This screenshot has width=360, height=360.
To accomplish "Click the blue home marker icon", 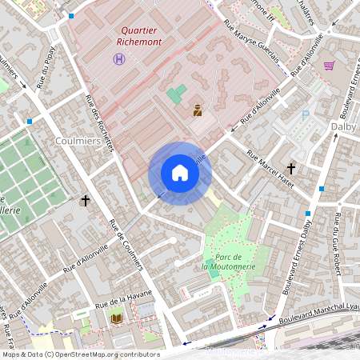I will point(180,173).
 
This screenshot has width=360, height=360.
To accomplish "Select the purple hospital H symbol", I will point(119,59).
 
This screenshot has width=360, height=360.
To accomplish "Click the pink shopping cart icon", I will point(329,66).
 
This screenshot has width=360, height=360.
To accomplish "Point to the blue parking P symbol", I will point(305,115).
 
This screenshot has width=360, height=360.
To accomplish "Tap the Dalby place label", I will point(344,126).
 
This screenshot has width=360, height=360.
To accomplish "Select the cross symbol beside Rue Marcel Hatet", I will point(291,169).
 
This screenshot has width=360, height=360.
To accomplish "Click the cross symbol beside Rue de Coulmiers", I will point(85,200).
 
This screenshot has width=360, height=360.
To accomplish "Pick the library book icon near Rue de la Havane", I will point(116,318).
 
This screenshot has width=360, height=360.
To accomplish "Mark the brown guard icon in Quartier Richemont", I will point(198,111).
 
